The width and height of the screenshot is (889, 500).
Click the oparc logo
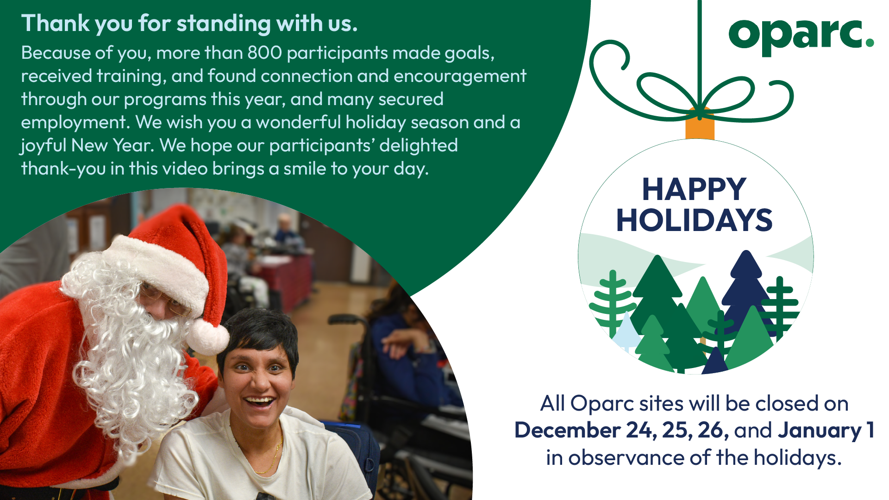[x=801, y=36]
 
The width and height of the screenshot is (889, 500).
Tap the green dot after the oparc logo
[x=870, y=43]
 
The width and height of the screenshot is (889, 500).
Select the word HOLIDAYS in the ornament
[x=694, y=220]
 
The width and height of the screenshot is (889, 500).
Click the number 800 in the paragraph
[x=265, y=53]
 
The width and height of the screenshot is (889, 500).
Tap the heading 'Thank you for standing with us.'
[x=189, y=23]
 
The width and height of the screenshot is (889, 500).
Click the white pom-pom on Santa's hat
[x=208, y=337]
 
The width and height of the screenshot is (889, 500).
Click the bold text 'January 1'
[x=826, y=430]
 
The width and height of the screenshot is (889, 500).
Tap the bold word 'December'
[x=567, y=430]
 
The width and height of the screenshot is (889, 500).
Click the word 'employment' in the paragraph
[x=74, y=123]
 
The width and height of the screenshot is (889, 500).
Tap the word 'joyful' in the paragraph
[x=44, y=146]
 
